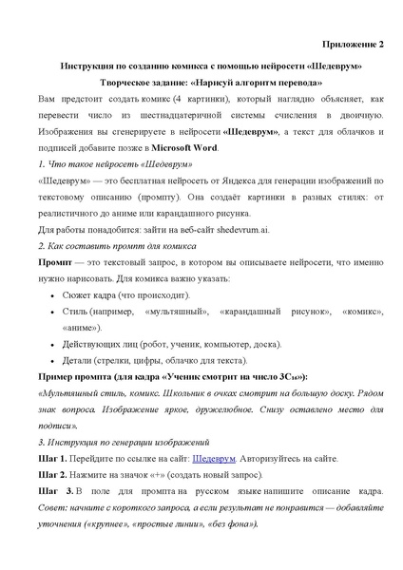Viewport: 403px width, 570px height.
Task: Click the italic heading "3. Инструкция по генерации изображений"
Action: pos(117,442)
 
